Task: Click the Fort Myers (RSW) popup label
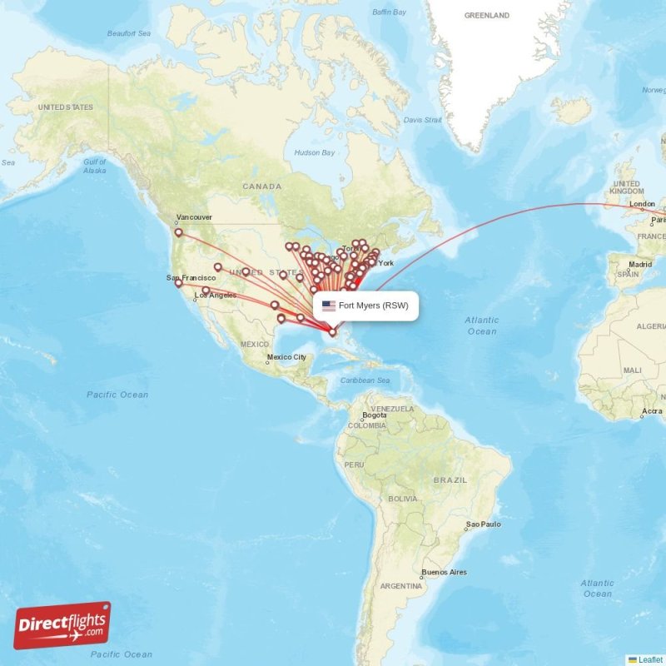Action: (373, 306)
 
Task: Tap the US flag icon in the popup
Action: (329, 306)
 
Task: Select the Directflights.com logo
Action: (62, 625)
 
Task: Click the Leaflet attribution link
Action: (649, 659)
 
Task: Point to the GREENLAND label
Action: (487, 15)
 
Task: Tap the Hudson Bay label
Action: (315, 152)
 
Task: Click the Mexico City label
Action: (286, 357)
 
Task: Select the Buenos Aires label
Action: (445, 572)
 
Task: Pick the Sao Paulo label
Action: (484, 524)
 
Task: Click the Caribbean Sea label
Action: (365, 380)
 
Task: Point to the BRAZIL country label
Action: (450, 480)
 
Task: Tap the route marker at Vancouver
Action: (178, 233)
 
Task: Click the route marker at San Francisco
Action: (178, 284)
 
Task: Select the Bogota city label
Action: (375, 415)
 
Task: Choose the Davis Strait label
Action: (423, 120)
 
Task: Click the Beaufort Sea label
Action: (129, 33)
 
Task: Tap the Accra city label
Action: (653, 411)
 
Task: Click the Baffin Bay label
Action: (389, 12)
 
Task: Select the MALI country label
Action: (632, 370)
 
